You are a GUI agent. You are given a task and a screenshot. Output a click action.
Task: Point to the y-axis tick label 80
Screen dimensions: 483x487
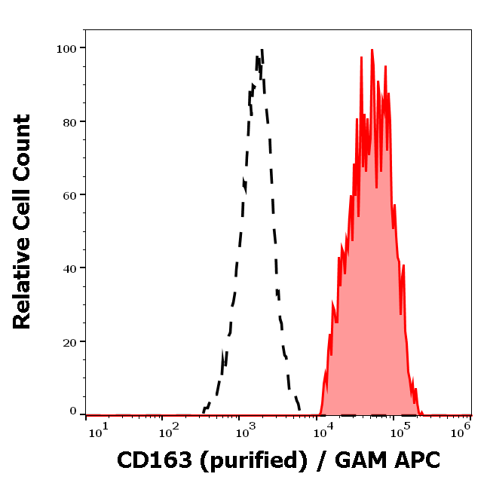click(69, 121)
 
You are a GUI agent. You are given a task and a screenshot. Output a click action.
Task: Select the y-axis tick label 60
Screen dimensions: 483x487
click(69, 195)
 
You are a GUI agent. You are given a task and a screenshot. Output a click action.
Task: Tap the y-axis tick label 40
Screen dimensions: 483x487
click(69, 268)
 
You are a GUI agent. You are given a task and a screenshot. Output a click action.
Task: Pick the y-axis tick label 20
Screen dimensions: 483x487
click(69, 341)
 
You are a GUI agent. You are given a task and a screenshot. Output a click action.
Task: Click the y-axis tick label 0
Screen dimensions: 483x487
click(73, 411)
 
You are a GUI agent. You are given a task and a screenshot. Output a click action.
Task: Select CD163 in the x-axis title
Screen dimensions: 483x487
click(154, 460)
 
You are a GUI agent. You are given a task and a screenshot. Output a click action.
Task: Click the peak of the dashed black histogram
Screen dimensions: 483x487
click(262, 50)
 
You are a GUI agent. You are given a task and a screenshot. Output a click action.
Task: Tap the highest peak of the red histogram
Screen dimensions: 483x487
click(372, 50)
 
